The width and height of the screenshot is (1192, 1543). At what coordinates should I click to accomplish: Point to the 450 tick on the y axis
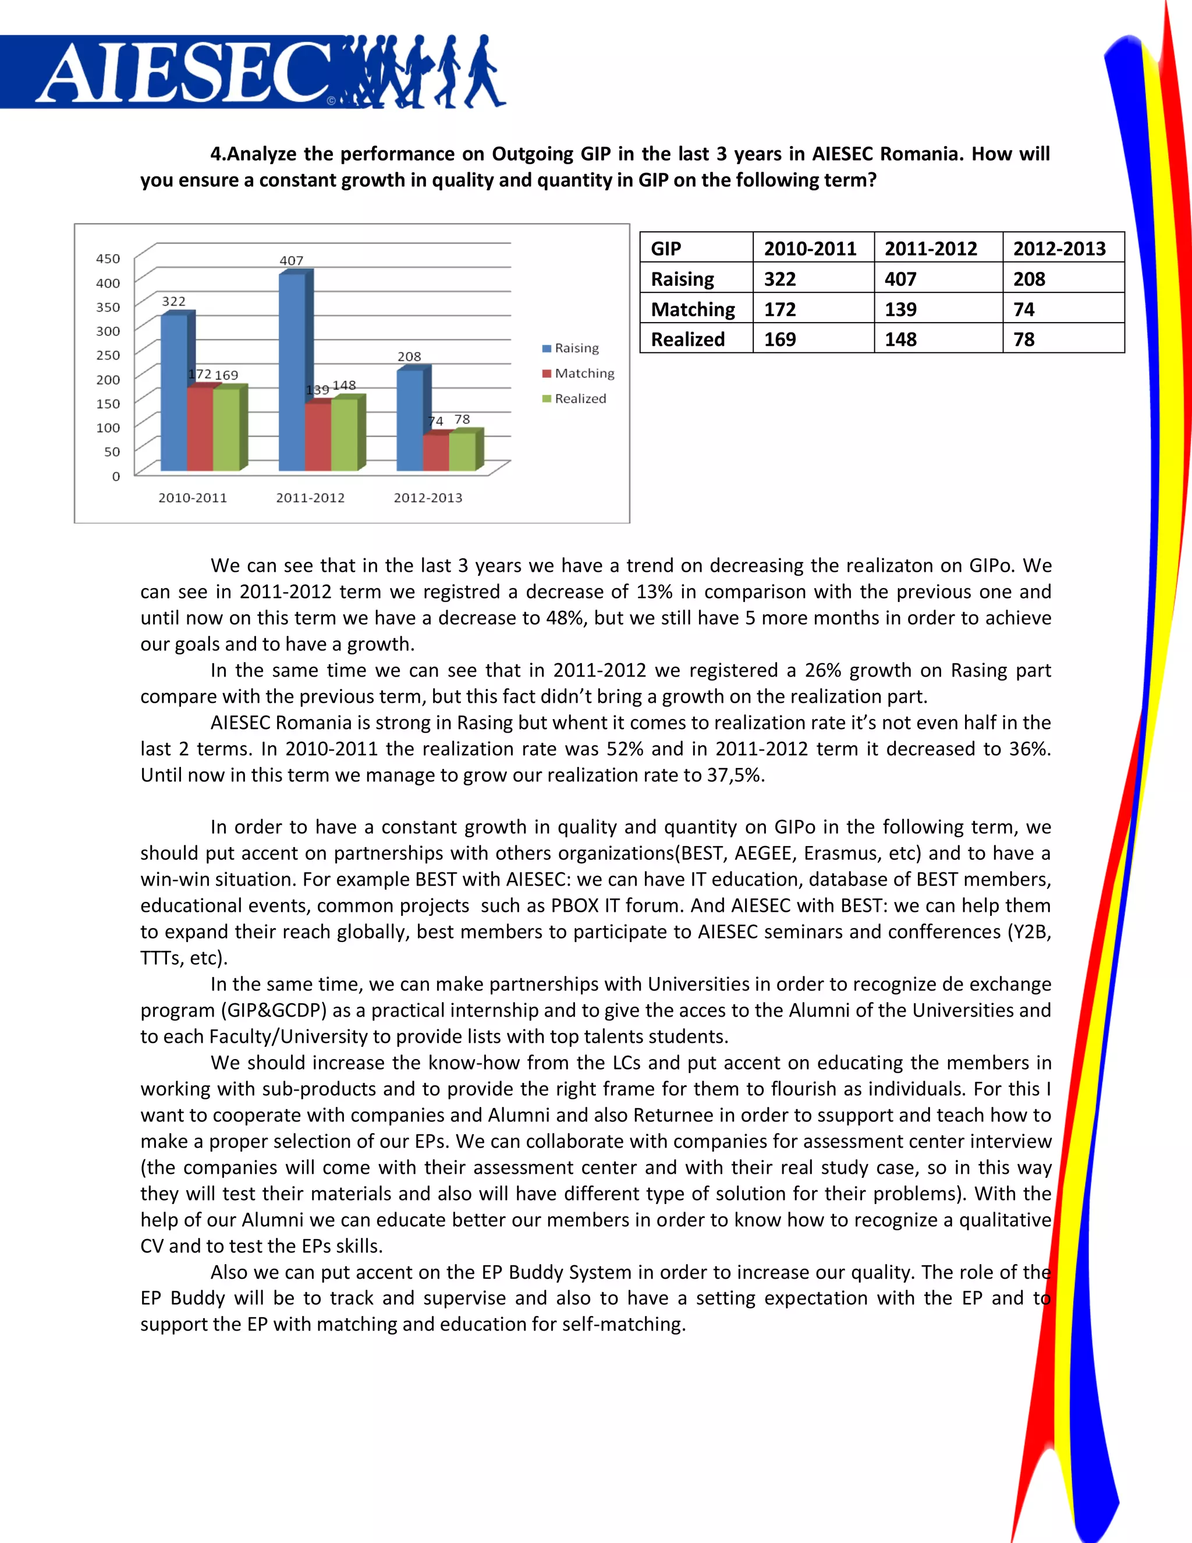tap(108, 259)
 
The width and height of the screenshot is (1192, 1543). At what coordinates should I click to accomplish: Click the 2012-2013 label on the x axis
tap(428, 497)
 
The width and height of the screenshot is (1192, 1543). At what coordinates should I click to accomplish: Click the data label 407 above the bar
tap(292, 261)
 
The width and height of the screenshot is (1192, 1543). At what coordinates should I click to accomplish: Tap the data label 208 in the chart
tap(410, 357)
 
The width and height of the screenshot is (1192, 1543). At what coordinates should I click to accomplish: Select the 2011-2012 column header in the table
tap(931, 249)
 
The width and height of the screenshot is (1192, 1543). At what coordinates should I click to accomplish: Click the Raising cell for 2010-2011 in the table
tap(781, 279)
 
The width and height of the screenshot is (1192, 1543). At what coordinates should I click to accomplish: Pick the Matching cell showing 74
tap(1024, 309)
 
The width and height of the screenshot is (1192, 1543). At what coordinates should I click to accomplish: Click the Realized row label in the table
tap(688, 340)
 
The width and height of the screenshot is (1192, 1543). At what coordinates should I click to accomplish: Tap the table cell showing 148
tap(901, 340)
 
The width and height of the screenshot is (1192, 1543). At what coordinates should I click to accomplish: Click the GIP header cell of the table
tap(666, 249)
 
